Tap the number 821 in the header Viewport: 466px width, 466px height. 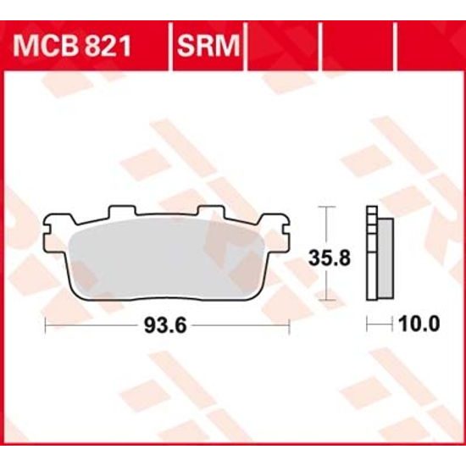click(x=108, y=42)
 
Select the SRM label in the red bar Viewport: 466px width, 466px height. click(x=208, y=42)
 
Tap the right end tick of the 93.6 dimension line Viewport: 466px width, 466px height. click(x=291, y=324)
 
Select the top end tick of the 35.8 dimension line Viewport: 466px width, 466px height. click(x=327, y=206)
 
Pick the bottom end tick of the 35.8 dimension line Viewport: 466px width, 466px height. click(x=327, y=300)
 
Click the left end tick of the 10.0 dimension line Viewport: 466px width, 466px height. click(x=367, y=324)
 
